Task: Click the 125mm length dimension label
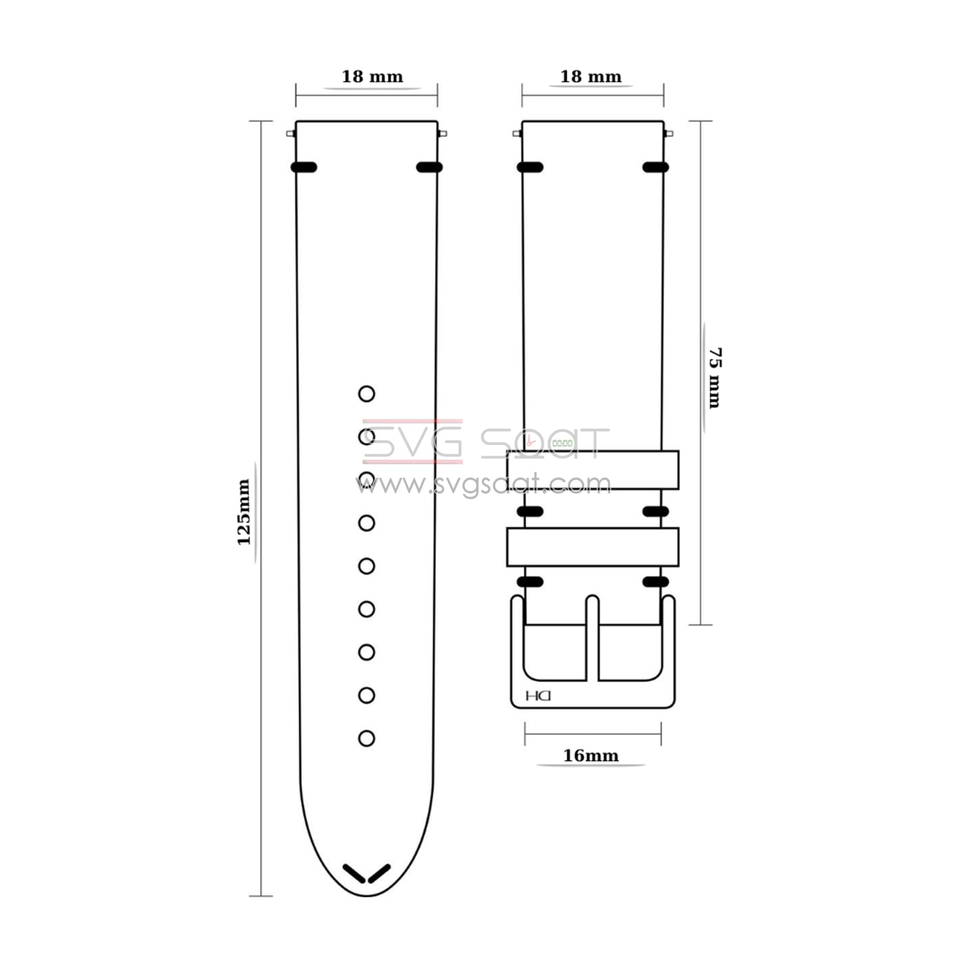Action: [x=244, y=512]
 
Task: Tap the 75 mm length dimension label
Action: [x=715, y=378]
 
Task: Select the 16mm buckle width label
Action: [x=591, y=755]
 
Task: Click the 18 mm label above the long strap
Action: [x=372, y=77]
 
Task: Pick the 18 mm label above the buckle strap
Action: [x=591, y=77]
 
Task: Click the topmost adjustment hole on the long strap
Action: [x=367, y=394]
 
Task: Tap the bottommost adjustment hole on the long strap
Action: [x=367, y=739]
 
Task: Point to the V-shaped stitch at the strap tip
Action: [x=367, y=874]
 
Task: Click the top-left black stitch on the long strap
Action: [x=304, y=167]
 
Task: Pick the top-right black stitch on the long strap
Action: [x=429, y=167]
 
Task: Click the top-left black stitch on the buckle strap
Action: [x=530, y=167]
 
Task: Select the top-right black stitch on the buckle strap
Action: [x=656, y=167]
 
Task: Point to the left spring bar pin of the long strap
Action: [x=291, y=134]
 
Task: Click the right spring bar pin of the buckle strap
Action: [x=668, y=134]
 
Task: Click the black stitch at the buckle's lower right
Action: [x=656, y=582]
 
